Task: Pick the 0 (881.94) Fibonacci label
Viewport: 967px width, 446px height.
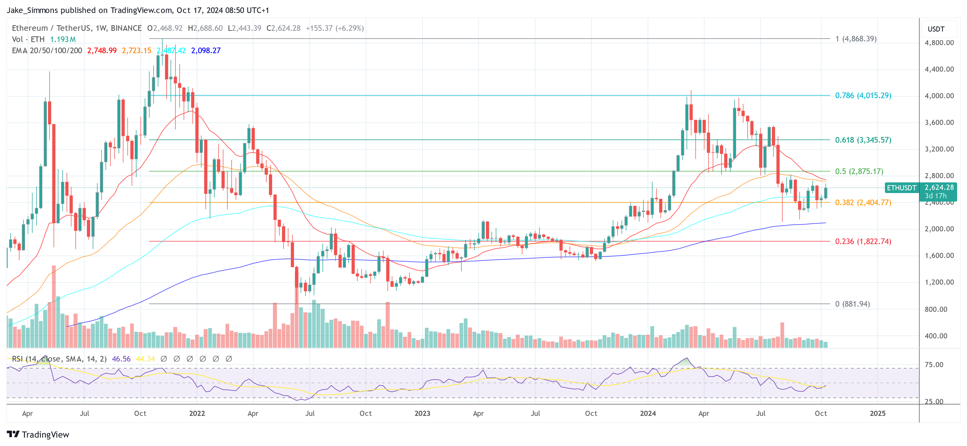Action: (852, 304)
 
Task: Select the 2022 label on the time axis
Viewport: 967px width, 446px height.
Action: (197, 413)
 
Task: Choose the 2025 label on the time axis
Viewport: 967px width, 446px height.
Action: (877, 413)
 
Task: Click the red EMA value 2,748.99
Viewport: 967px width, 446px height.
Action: (102, 51)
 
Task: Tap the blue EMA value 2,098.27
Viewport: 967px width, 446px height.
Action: (206, 51)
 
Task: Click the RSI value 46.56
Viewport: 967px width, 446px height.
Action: (121, 359)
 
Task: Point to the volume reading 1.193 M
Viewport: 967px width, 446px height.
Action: (63, 39)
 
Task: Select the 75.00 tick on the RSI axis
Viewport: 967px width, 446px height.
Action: (934, 365)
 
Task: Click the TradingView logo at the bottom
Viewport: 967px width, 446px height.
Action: (38, 434)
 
